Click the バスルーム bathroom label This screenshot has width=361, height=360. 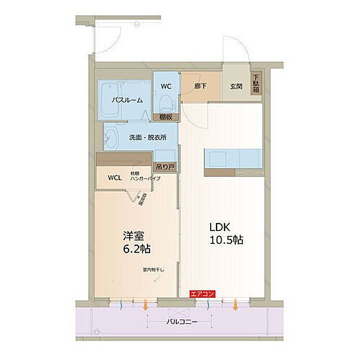127,100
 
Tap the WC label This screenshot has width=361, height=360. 165,87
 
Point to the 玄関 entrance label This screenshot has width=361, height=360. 236,87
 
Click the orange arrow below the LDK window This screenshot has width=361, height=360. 236,306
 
